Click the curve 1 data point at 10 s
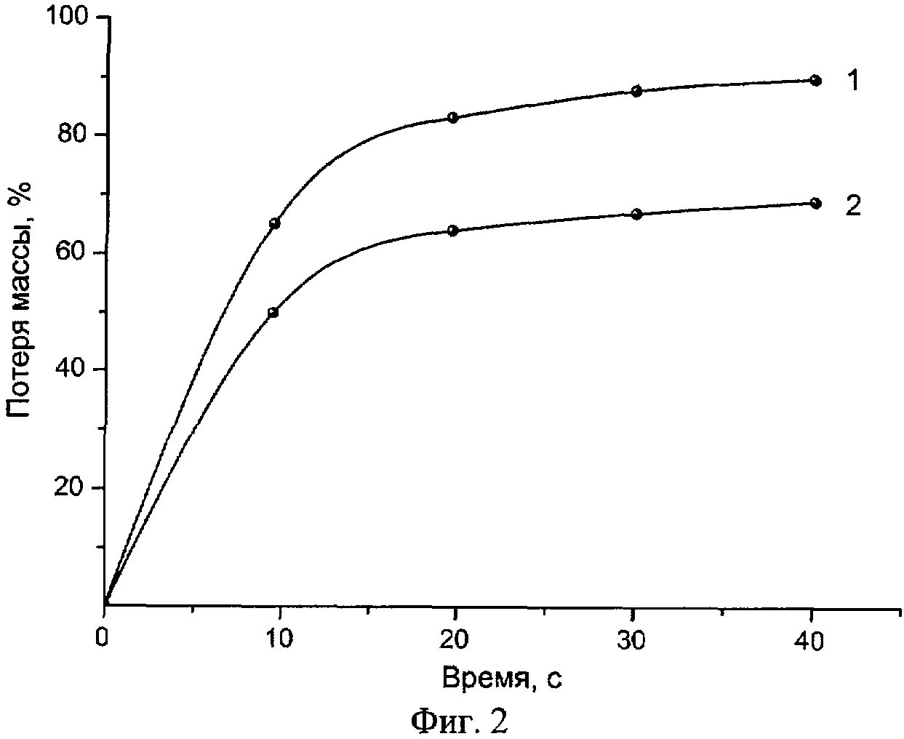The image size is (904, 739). coord(275,223)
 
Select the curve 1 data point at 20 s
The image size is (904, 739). coord(452,117)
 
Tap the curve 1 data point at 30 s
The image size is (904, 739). coord(636,91)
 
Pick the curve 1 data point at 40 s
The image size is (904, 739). coord(815,80)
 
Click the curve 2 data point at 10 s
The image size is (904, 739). coord(273,313)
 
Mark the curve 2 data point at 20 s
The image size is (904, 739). coord(452,231)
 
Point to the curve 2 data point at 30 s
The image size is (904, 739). coord(636,214)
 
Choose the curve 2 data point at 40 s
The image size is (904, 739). coord(815,203)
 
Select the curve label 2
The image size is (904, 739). coord(853,205)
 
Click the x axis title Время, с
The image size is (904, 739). coord(502,678)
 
